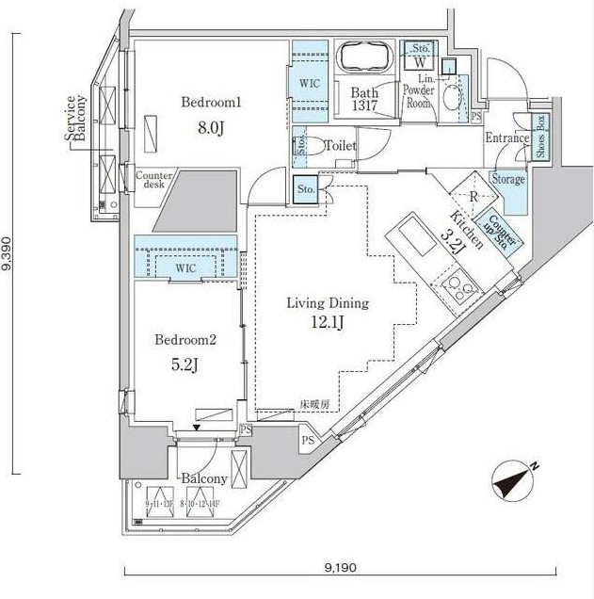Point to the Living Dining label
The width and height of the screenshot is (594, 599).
pos(328,303)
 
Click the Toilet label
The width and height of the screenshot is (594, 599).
pos(339,147)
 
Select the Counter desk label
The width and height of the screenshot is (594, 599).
pos(152,179)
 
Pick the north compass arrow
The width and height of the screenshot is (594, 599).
pos(515,480)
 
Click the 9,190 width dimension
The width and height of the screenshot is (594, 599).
pos(340,568)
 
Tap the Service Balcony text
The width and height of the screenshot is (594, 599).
pos(75,118)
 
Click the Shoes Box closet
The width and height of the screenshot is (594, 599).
pos(540,137)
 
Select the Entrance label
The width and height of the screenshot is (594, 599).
pos(507,138)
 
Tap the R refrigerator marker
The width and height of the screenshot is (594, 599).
pos(474,197)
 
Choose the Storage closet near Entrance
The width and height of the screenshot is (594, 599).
pos(507,180)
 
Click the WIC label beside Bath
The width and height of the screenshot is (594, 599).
pos(309,83)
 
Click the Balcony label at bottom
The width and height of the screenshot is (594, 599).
pos(204,478)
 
